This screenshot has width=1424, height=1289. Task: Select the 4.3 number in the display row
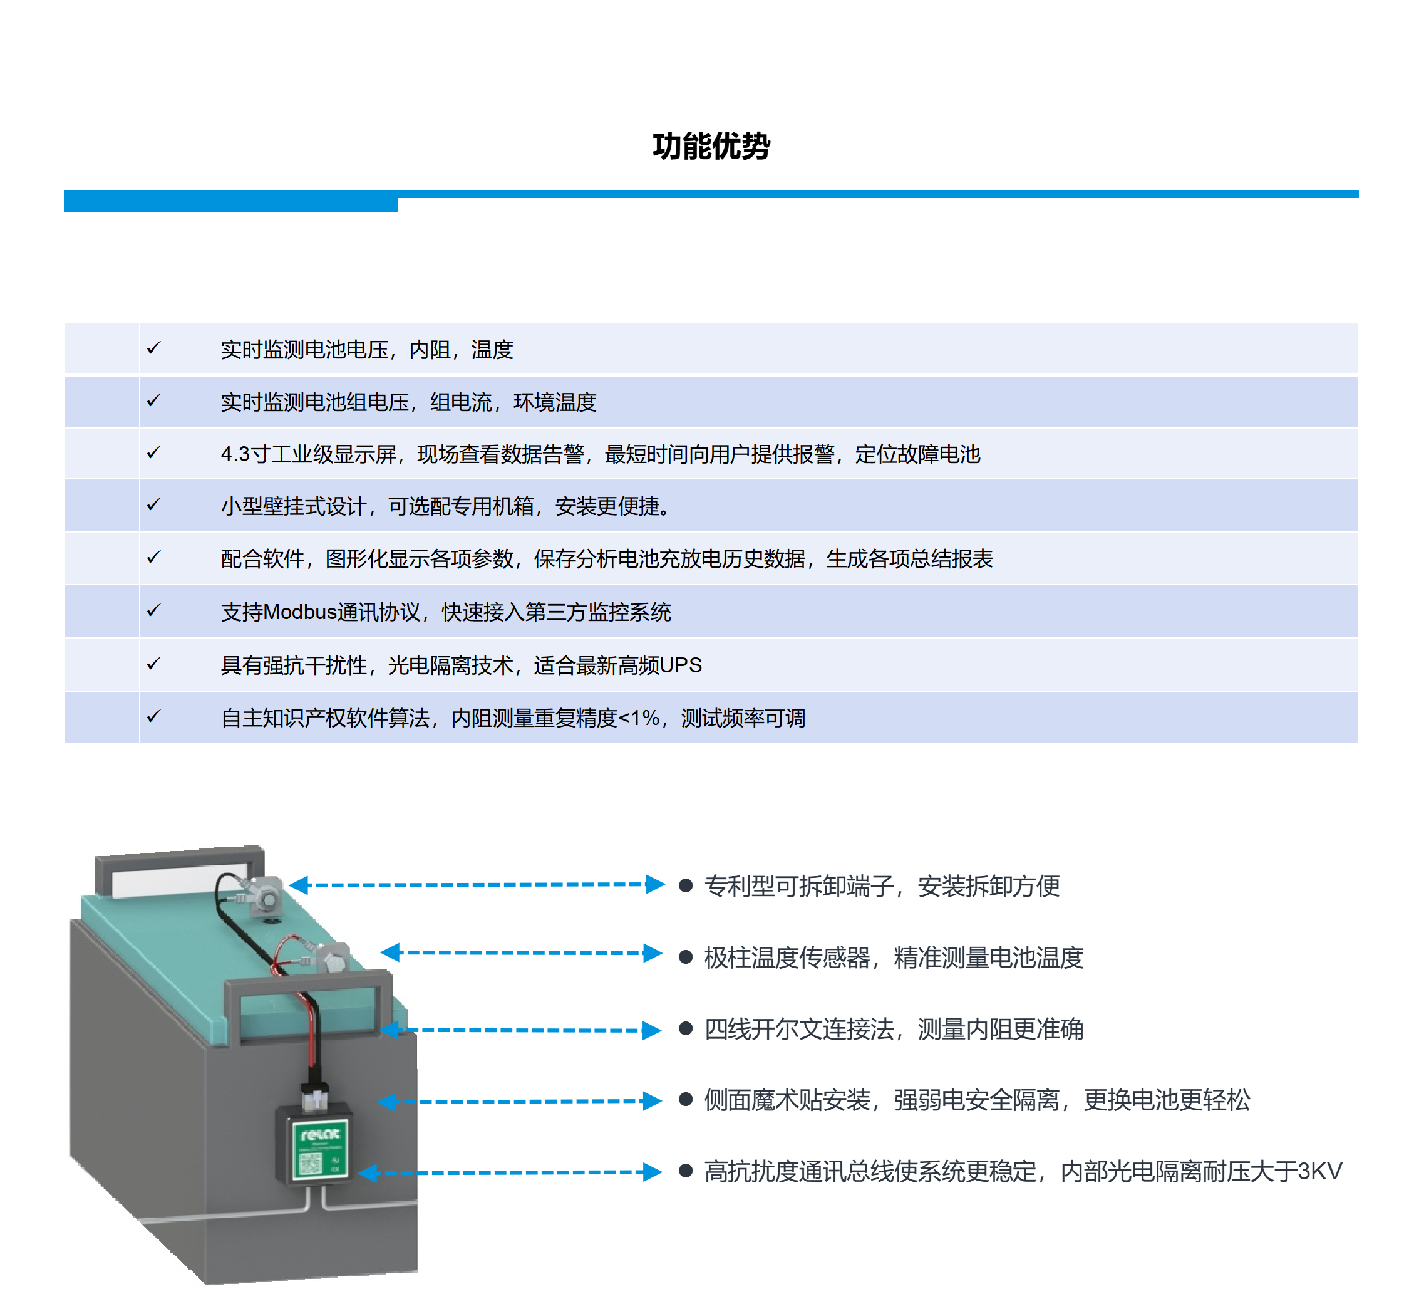click(x=235, y=454)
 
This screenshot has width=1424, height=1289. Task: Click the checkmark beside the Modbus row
click(x=153, y=610)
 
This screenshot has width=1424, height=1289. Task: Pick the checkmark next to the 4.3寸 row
click(x=153, y=452)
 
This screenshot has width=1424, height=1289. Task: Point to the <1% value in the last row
click(x=639, y=718)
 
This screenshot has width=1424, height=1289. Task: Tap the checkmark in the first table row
click(x=153, y=348)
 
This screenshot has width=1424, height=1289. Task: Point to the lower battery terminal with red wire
click(x=331, y=958)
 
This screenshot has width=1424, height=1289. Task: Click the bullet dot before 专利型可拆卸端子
click(x=685, y=885)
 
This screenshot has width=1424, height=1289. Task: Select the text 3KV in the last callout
click(x=1319, y=1172)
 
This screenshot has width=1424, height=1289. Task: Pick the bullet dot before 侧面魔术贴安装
click(x=685, y=1100)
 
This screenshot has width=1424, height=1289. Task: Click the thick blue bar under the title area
click(x=231, y=201)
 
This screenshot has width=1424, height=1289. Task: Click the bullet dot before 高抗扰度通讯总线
click(x=685, y=1171)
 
